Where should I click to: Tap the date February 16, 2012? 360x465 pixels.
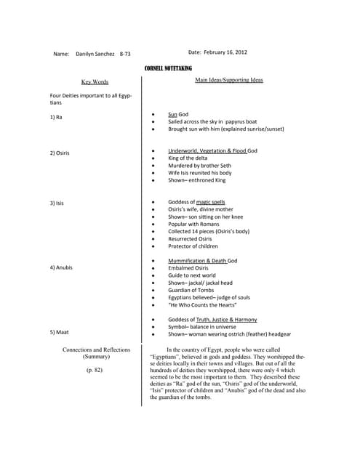218,53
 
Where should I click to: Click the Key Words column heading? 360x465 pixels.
95,82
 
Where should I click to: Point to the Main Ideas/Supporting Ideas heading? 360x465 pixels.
229,80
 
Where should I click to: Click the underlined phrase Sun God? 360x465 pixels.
178,115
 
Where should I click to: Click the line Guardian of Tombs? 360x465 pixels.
192,290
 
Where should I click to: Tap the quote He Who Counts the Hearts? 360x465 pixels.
203,304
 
